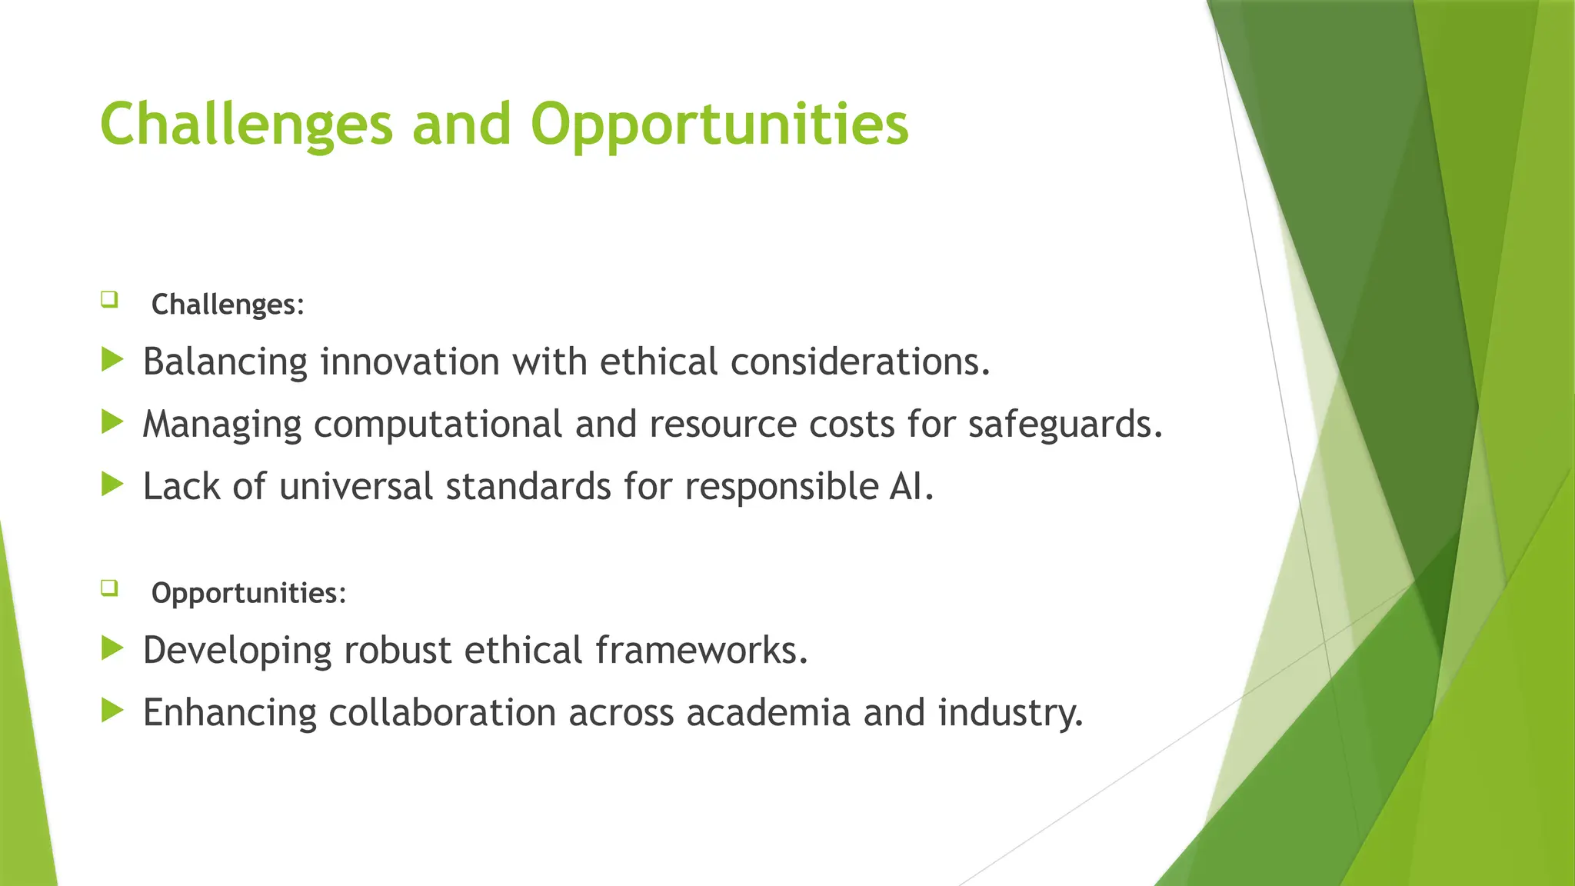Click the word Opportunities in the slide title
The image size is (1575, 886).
719,125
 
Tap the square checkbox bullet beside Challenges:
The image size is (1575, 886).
109,299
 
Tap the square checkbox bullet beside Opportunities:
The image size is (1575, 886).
109,588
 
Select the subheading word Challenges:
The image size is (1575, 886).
228,305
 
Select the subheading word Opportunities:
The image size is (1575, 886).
248,593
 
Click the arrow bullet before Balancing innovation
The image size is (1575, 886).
112,359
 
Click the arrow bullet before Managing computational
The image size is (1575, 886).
112,421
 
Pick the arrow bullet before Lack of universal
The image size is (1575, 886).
112,484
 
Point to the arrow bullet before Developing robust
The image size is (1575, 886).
112,648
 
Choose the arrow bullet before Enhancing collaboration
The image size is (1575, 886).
112,710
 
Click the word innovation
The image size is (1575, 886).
410,361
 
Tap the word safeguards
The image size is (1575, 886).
1065,425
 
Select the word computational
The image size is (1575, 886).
438,425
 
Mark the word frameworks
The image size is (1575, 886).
701,651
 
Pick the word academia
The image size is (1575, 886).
768,713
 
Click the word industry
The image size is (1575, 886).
1010,713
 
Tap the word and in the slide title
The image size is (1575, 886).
461,125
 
